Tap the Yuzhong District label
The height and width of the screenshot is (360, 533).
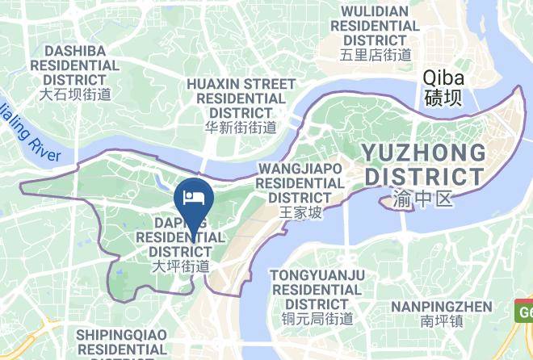(x=423, y=164)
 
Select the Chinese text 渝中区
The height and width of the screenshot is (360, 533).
(x=423, y=196)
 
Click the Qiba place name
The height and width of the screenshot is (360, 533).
(x=443, y=79)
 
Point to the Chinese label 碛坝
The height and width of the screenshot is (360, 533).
(x=443, y=98)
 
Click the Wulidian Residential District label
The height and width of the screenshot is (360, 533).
(x=376, y=26)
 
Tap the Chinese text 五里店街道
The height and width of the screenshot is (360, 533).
(x=376, y=55)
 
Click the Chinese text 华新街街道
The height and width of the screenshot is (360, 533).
(x=241, y=127)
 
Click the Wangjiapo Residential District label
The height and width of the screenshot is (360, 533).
(x=300, y=182)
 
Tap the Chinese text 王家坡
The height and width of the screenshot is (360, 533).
(x=300, y=212)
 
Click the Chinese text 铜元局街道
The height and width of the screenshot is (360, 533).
(x=317, y=318)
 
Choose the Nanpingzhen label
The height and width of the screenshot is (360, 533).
(x=441, y=307)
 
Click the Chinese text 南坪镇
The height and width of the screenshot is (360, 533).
(x=441, y=321)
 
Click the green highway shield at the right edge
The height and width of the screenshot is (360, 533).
(x=525, y=311)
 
